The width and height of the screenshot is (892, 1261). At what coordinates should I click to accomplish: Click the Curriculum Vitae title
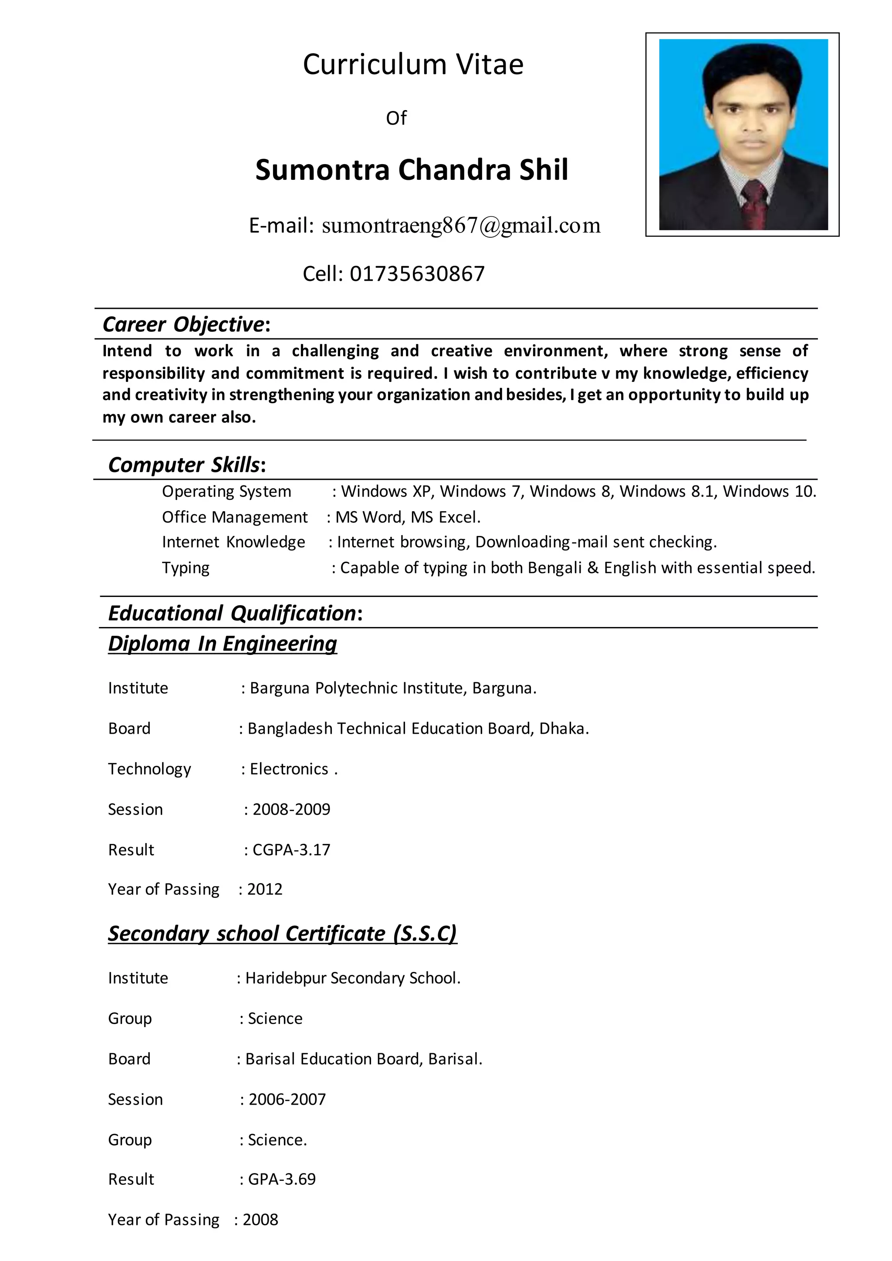pos(413,65)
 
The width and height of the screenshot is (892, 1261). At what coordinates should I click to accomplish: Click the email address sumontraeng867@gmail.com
pos(461,226)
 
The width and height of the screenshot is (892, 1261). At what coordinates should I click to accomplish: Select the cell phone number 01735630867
pos(417,273)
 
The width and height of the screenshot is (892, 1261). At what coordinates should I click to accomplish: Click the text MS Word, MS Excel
pos(408,517)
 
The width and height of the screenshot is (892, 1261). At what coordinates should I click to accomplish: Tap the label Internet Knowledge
pos(233,542)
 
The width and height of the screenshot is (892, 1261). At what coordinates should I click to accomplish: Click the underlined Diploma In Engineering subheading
pos(223,643)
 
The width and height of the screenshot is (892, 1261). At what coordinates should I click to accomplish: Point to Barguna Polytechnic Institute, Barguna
pos(393,688)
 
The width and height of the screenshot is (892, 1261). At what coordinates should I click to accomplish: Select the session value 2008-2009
pos(291,809)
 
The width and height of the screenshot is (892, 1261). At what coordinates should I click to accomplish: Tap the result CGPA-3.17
pos(291,850)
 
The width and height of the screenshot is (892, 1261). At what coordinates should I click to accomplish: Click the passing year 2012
pos(265,889)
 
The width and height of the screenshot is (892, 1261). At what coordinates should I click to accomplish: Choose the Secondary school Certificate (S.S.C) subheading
pos(282,934)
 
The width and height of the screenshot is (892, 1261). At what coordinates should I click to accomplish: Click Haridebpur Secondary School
pos(353,978)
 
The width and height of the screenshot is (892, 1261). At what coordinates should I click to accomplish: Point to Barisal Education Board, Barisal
pos(364,1059)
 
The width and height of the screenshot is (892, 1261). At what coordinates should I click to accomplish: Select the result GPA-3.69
pos(282,1179)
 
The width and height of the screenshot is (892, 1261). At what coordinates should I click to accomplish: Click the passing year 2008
pos(260,1220)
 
